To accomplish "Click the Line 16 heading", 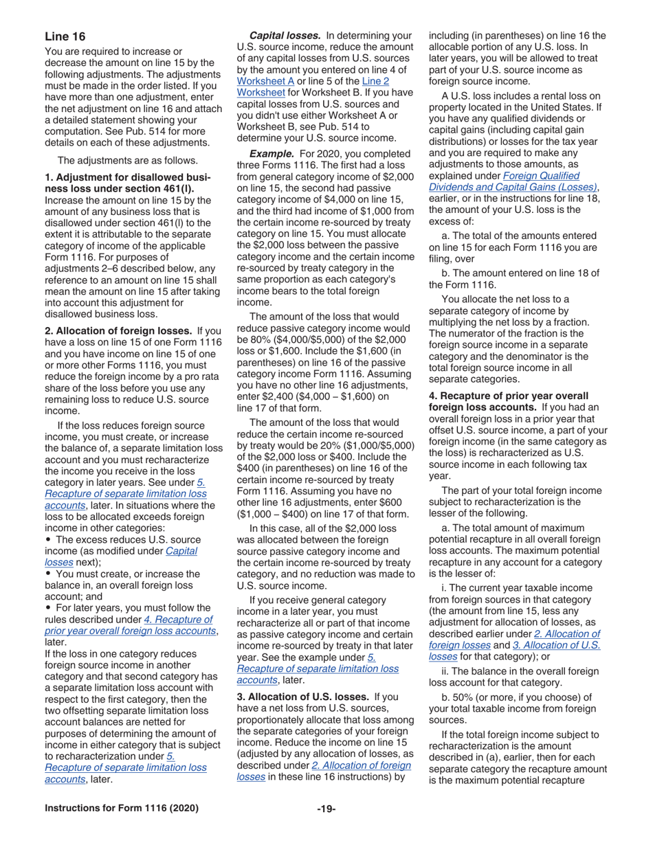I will pos(65,36).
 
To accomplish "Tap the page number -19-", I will pos(326,809).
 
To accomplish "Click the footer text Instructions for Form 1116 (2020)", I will pos(122,809).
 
